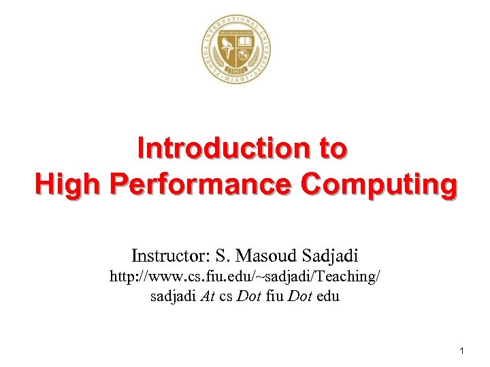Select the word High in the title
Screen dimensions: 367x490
pos(65,183)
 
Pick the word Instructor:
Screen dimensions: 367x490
pos(170,256)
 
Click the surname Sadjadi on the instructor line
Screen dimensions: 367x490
pos(329,256)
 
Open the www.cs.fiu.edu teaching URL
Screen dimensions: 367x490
pos(245,277)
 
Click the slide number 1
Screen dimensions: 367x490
pos(462,351)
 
